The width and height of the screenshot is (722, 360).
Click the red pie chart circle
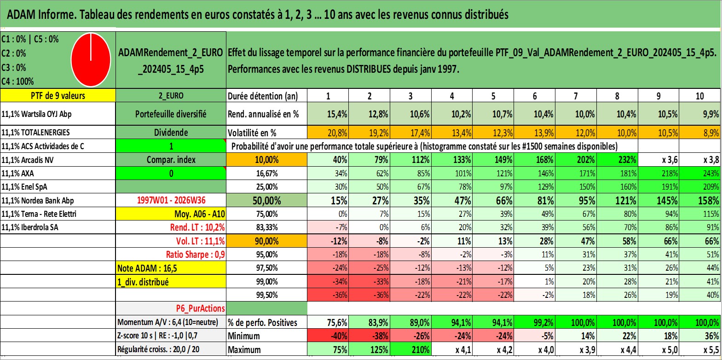point(91,60)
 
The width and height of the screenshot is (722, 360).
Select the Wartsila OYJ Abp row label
point(36,114)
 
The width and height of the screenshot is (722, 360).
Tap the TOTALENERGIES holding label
point(35,132)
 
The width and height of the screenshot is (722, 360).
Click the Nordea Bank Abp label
point(38,201)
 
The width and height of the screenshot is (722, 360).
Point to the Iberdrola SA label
point(29,227)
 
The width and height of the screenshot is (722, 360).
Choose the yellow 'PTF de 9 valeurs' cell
point(58,95)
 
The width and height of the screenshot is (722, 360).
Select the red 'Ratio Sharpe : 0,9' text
point(195,255)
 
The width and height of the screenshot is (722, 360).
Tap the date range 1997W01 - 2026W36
point(171,200)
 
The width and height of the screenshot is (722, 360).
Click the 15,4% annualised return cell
point(328,114)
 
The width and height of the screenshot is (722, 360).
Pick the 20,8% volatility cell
point(328,133)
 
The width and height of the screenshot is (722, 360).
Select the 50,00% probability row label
point(266,201)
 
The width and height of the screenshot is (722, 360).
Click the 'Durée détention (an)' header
point(263,96)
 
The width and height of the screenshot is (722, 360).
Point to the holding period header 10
point(699,96)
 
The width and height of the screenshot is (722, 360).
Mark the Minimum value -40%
point(328,336)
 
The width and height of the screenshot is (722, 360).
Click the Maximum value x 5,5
point(699,350)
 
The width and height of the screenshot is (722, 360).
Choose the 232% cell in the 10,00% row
point(617,160)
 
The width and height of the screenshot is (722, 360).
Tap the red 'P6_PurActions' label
point(200,308)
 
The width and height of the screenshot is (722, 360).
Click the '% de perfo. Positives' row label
point(262,322)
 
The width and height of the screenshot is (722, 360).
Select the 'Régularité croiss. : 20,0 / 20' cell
point(158,349)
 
